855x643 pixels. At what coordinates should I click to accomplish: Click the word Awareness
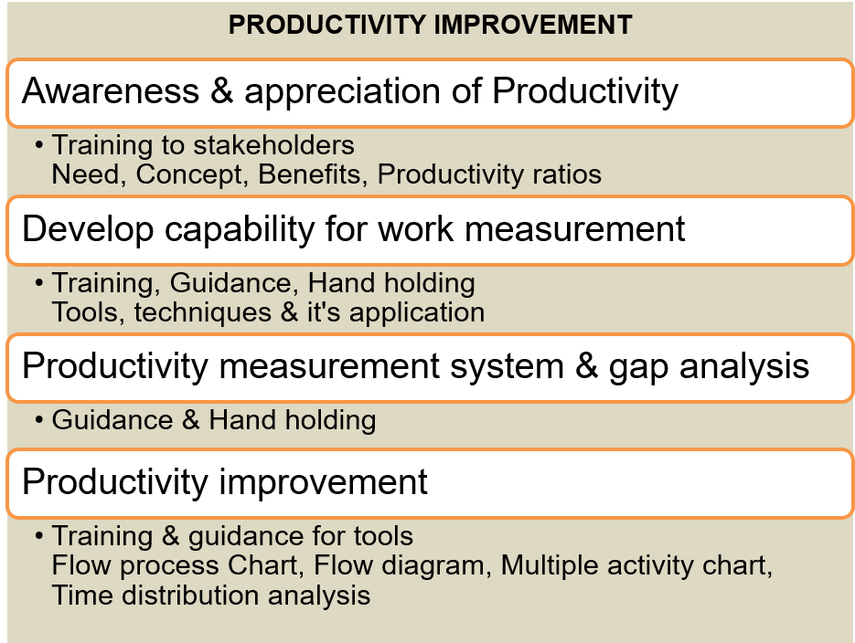point(111,90)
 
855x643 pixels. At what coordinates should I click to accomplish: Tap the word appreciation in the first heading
point(342,91)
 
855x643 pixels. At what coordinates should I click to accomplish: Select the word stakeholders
point(273,145)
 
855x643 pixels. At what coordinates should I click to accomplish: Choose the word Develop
point(88,229)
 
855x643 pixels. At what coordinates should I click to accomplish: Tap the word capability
point(240,229)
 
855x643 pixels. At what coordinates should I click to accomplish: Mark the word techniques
point(203,312)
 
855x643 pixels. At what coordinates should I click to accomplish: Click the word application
point(417,313)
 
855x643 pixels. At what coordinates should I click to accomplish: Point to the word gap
point(638,368)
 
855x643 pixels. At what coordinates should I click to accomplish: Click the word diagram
point(433,566)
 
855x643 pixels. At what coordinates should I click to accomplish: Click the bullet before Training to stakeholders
point(38,145)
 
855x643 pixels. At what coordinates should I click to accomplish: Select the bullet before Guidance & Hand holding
point(38,420)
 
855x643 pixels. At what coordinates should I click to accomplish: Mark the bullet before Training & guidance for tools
point(38,536)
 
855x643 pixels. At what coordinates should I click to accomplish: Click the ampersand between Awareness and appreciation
point(222,90)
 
